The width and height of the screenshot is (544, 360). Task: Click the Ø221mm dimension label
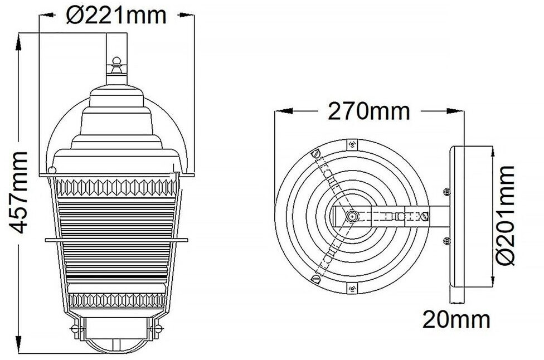click(x=116, y=16)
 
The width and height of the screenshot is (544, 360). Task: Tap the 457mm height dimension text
click(x=18, y=192)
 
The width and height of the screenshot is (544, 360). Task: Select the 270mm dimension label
click(x=369, y=111)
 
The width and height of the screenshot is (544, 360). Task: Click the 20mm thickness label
click(x=456, y=319)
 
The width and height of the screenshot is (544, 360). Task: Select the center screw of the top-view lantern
click(x=352, y=216)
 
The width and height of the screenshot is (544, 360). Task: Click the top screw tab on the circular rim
click(x=352, y=144)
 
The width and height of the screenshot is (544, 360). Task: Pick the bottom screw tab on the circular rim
click(x=352, y=288)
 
